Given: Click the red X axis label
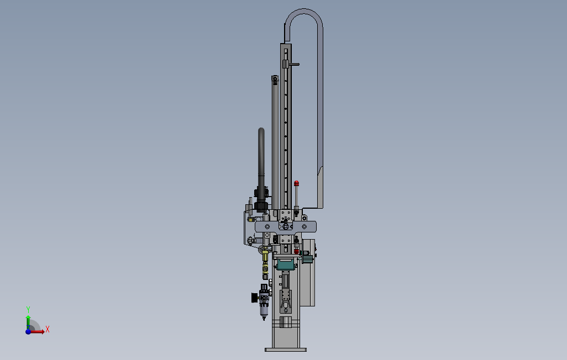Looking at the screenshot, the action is click(48, 329).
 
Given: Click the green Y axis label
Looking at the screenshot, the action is click(28, 310).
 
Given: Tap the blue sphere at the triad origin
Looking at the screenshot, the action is click(28, 331).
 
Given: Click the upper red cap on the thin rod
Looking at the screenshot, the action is click(297, 183).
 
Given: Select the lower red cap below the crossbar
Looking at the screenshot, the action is click(297, 251).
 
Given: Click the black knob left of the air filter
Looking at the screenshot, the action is click(255, 298).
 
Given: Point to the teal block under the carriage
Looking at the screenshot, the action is click(285, 265).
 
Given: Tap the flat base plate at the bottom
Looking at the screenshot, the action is click(286, 350).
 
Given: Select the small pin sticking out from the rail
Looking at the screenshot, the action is click(295, 65).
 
